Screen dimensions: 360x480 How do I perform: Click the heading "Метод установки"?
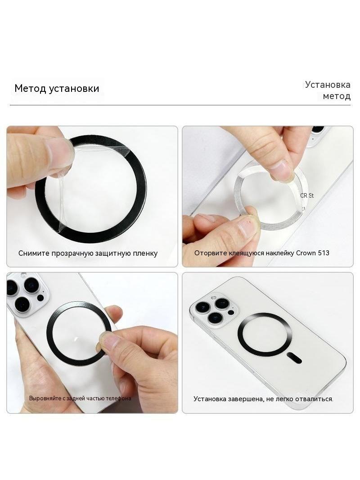pyautogui.click(x=57, y=88)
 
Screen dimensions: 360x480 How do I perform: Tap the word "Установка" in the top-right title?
pyautogui.click(x=328, y=85)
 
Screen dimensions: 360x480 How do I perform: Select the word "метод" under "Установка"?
pyautogui.click(x=337, y=96)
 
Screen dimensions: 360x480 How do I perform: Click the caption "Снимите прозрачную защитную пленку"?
pyautogui.click(x=88, y=254)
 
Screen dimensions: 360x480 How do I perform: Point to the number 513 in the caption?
pyautogui.click(x=323, y=253)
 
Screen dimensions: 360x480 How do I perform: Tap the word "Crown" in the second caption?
pyautogui.click(x=306, y=253)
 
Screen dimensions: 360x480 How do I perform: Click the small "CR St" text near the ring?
pyautogui.click(x=307, y=195)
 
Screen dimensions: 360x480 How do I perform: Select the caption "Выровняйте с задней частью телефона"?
pyautogui.click(x=80, y=398)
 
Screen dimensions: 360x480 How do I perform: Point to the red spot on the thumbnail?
pyautogui.click(x=250, y=220)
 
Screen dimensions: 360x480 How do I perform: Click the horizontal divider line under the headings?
pyautogui.click(x=180, y=105)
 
